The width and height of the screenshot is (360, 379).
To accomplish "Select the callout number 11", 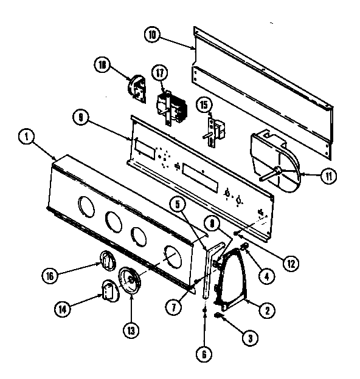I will pos(328,176).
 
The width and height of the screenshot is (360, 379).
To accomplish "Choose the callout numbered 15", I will pos(204,105).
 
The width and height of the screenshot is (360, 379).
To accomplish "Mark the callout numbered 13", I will pos(131,330).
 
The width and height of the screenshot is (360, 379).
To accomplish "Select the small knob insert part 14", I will pos(108,290).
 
